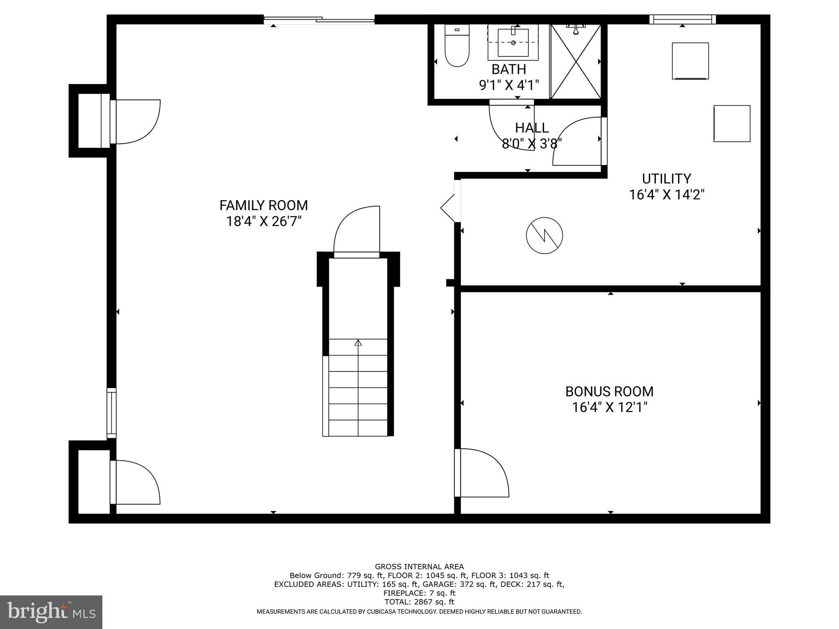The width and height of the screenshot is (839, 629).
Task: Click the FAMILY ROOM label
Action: pyautogui.click(x=263, y=205)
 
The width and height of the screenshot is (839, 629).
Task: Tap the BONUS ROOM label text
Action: pyautogui.click(x=609, y=391)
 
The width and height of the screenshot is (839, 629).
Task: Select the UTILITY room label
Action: pyautogui.click(x=666, y=179)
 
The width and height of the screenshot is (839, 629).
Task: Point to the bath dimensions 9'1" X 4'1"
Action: pyautogui.click(x=509, y=85)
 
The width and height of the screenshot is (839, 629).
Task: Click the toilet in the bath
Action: pyautogui.click(x=457, y=46)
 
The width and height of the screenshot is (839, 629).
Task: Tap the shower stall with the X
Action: pyautogui.click(x=576, y=61)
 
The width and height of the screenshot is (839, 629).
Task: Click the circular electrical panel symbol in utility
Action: pyautogui.click(x=544, y=235)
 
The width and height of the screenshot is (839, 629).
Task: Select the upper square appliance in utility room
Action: pyautogui.click(x=690, y=61)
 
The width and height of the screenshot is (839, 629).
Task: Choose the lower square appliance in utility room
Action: pyautogui.click(x=732, y=124)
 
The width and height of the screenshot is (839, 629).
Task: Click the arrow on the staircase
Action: pyautogui.click(x=358, y=343)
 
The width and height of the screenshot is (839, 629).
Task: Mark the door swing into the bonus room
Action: pyautogui.click(x=483, y=473)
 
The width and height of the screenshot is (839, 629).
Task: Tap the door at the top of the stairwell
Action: pyautogui.click(x=357, y=231)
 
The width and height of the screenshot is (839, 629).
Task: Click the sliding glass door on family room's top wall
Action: pyautogui.click(x=319, y=19)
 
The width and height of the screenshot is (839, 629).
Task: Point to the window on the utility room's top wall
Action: pyautogui.click(x=683, y=19)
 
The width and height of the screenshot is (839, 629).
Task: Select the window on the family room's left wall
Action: pyautogui.click(x=111, y=413)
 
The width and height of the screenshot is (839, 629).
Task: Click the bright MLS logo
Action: pyautogui.click(x=51, y=612)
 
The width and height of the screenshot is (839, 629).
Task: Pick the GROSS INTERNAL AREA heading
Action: pyautogui.click(x=419, y=567)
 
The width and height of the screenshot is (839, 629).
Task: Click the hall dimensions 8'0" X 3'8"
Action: pyautogui.click(x=531, y=144)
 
